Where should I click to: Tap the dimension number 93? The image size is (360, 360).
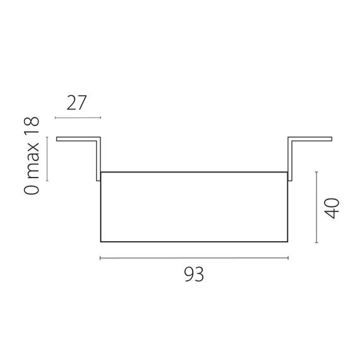point(195,275)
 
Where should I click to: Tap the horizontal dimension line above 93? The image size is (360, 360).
point(194,258)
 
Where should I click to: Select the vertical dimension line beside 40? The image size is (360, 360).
point(316,209)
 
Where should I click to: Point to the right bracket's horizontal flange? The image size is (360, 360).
point(311,139)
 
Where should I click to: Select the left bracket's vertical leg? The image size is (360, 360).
point(99,158)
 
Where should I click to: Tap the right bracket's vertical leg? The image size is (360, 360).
point(291,158)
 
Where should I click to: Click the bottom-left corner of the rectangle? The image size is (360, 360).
point(101,241)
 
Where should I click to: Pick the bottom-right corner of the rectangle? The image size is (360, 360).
point(288,241)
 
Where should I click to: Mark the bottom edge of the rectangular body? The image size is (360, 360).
point(195,241)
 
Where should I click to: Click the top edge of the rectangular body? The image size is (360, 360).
point(195,172)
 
